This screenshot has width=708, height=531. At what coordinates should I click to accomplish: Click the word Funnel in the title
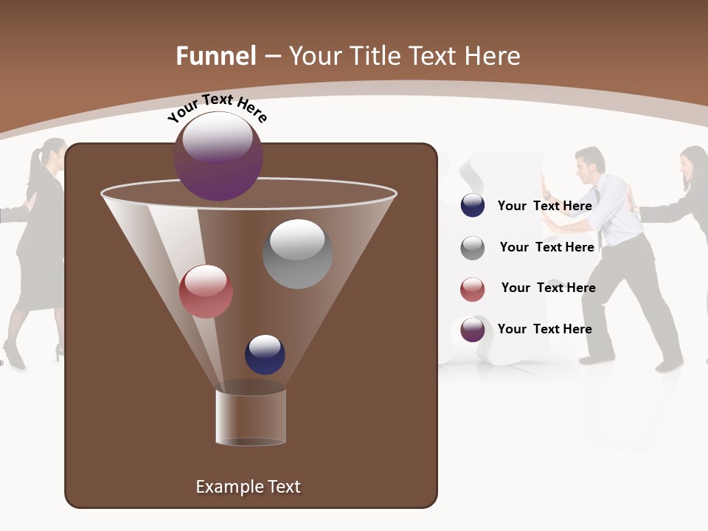coord(215,56)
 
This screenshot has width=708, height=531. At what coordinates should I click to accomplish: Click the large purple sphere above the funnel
coord(218,156)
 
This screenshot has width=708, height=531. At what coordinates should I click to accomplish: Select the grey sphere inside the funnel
coord(297,254)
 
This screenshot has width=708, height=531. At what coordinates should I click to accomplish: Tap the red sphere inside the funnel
coord(206,291)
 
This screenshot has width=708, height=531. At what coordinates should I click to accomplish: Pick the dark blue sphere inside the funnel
coord(265,354)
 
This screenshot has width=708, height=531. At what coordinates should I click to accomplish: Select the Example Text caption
coord(248,487)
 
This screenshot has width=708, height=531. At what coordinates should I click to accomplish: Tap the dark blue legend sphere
coord(473,206)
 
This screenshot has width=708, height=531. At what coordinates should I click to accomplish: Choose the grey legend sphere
coord(473,248)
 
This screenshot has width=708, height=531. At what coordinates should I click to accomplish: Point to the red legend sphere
coord(473,289)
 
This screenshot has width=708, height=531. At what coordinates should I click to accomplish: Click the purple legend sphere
coord(473,330)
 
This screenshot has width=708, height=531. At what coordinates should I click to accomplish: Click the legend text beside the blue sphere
coord(544,206)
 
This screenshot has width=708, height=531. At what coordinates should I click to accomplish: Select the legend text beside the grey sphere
coord(546,247)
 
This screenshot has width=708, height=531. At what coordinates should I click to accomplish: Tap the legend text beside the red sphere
coord(548,288)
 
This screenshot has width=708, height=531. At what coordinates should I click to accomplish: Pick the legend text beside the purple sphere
coord(544,329)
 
